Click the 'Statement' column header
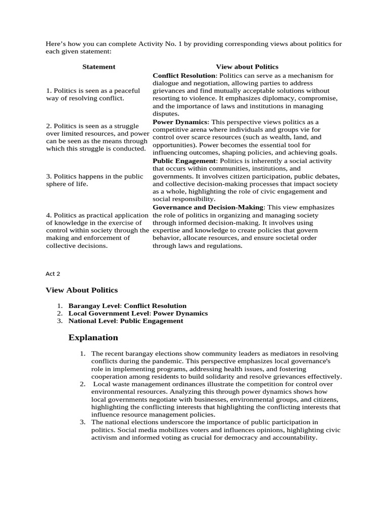[99, 67]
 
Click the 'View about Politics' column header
[247, 67]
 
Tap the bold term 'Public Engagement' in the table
[184, 161]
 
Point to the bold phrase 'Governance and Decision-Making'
[208, 207]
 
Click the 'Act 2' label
[53, 274]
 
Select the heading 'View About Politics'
[81, 290]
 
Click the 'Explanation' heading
[93, 337]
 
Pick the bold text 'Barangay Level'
[94, 305]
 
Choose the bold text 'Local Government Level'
[109, 313]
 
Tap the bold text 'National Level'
[92, 321]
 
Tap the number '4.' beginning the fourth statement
[49, 215]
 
